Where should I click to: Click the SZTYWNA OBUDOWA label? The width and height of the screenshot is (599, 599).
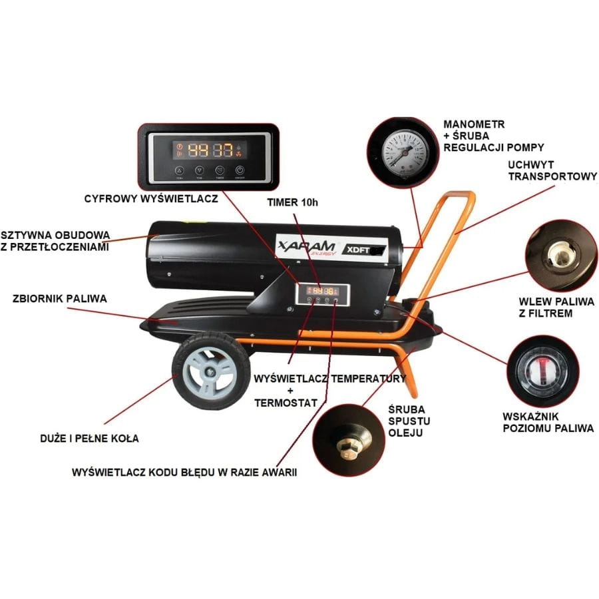click(55, 241)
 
